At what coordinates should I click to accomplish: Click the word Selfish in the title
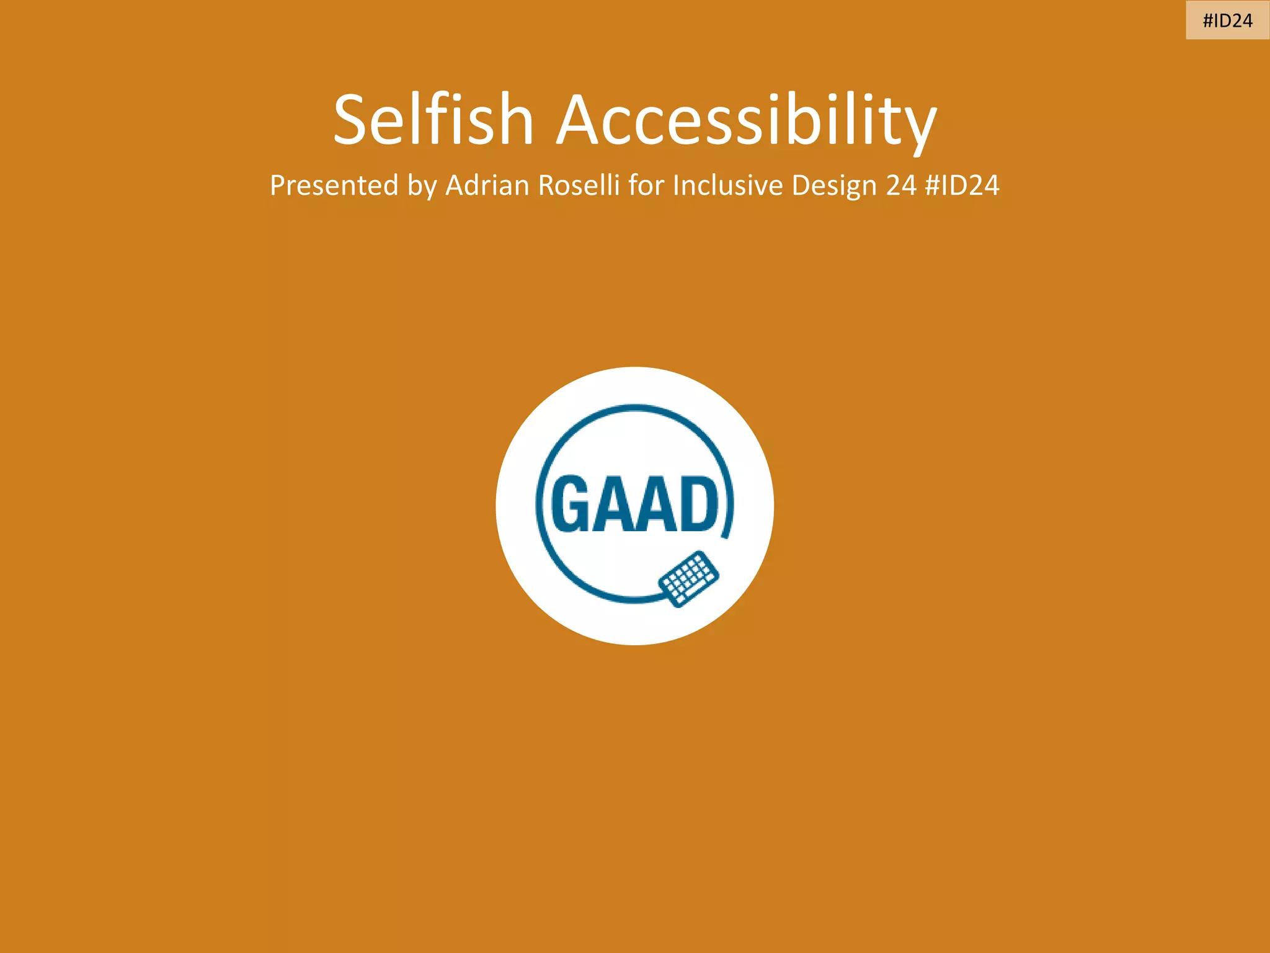433,119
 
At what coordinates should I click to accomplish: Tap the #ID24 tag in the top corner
1227,20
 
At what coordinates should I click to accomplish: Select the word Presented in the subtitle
334,186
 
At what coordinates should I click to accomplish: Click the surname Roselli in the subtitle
579,186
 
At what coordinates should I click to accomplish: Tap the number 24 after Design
901,186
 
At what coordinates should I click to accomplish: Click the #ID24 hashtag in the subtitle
962,186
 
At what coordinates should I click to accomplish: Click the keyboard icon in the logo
688,579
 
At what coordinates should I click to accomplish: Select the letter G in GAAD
570,503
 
